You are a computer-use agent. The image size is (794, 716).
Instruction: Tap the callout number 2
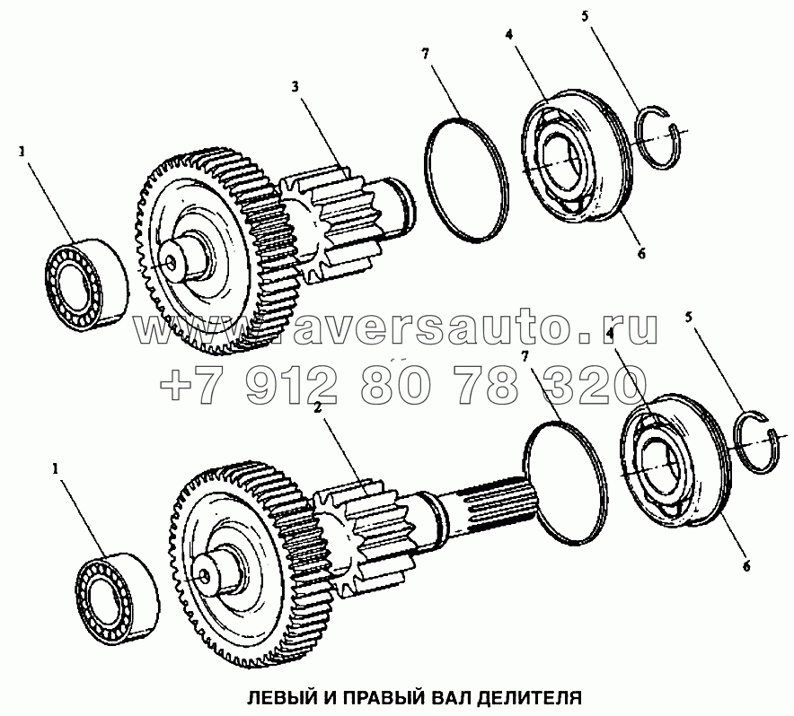click(318, 408)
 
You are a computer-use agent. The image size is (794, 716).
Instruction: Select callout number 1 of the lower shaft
click(56, 469)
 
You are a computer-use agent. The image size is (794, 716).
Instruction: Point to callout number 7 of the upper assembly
click(426, 53)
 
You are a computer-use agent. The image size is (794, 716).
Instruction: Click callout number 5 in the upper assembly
click(585, 16)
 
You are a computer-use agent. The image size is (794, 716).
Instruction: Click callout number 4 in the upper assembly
click(509, 34)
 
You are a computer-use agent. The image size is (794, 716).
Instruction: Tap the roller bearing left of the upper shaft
click(87, 286)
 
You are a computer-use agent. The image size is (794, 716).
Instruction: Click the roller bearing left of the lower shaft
click(118, 598)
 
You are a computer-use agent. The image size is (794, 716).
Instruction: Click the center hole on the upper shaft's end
click(172, 263)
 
